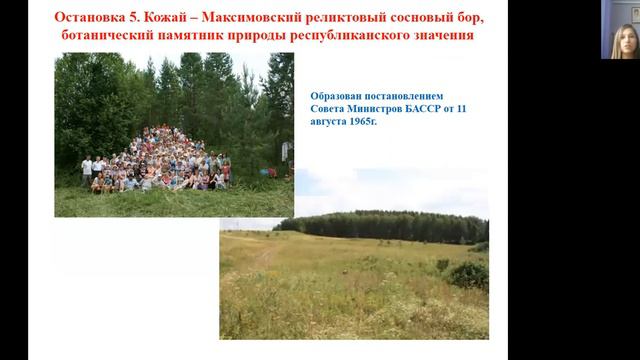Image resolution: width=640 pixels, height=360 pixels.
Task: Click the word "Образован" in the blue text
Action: [x=338, y=94]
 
